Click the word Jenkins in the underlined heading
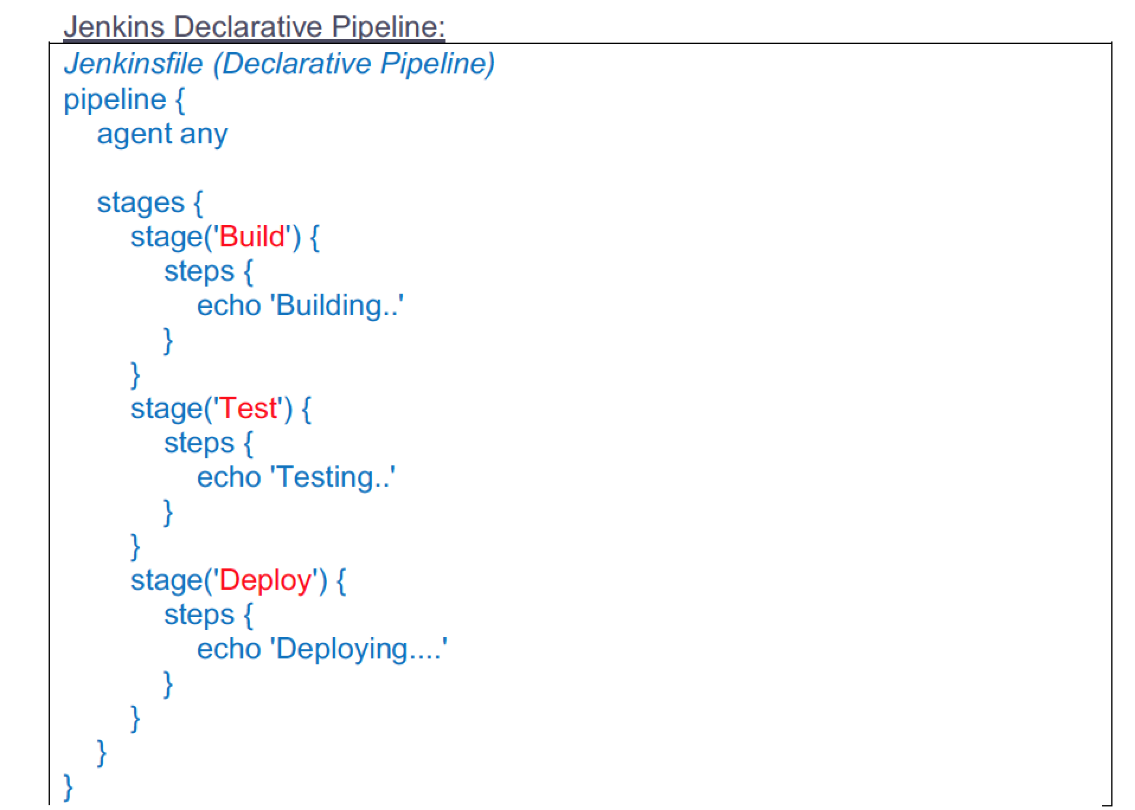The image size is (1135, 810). [114, 27]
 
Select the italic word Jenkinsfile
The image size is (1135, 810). [133, 63]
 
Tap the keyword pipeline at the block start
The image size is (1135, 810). [115, 100]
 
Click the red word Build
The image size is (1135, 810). [252, 237]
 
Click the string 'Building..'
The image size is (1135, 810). [336, 306]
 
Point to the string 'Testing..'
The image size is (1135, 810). [332, 478]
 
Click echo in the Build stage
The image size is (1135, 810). [229, 306]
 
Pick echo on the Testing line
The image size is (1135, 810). [229, 477]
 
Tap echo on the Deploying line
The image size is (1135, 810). [229, 649]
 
